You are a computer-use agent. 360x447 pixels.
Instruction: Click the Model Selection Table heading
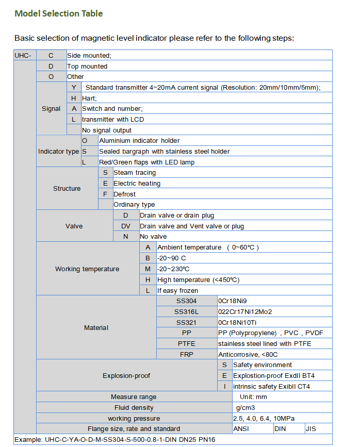tap(58, 13)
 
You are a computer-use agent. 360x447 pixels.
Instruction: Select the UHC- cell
tap(24, 55)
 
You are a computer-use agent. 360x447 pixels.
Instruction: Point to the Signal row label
tap(51, 109)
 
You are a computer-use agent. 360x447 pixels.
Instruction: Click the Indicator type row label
tap(58, 152)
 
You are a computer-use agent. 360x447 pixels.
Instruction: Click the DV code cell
tap(126, 226)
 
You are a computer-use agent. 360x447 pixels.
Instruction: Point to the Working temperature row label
tap(87, 269)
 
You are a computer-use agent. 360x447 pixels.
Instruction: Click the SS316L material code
tap(186, 311)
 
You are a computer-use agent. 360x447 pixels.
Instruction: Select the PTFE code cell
tap(186, 343)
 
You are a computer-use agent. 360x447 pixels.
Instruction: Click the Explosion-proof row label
tap(126, 375)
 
